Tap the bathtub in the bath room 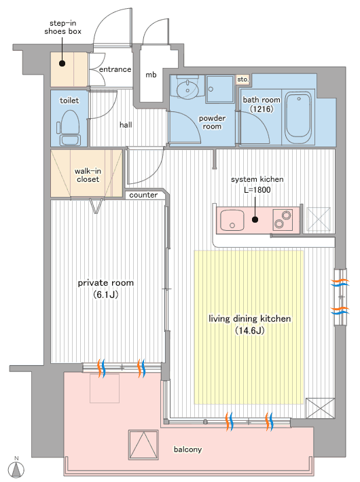298,118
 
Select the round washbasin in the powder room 187,89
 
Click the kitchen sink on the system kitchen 232,220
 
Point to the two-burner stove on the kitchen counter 283,220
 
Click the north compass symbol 16,468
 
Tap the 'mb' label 151,75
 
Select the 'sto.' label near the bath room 242,79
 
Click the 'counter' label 143,195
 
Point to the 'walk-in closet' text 88,175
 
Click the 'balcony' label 187,449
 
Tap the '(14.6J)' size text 250,331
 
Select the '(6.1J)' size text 105,295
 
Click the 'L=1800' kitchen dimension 257,190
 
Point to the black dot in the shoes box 62,64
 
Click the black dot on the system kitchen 255,219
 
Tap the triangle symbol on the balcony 143,445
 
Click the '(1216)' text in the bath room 262,109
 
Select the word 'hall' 126,125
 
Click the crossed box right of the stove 319,219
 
